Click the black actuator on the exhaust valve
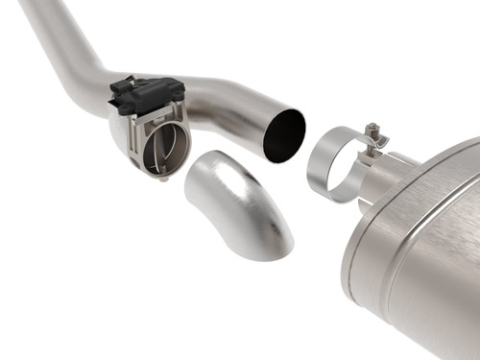point(146,94)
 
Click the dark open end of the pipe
point(284,134)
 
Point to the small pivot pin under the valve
point(165,179)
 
